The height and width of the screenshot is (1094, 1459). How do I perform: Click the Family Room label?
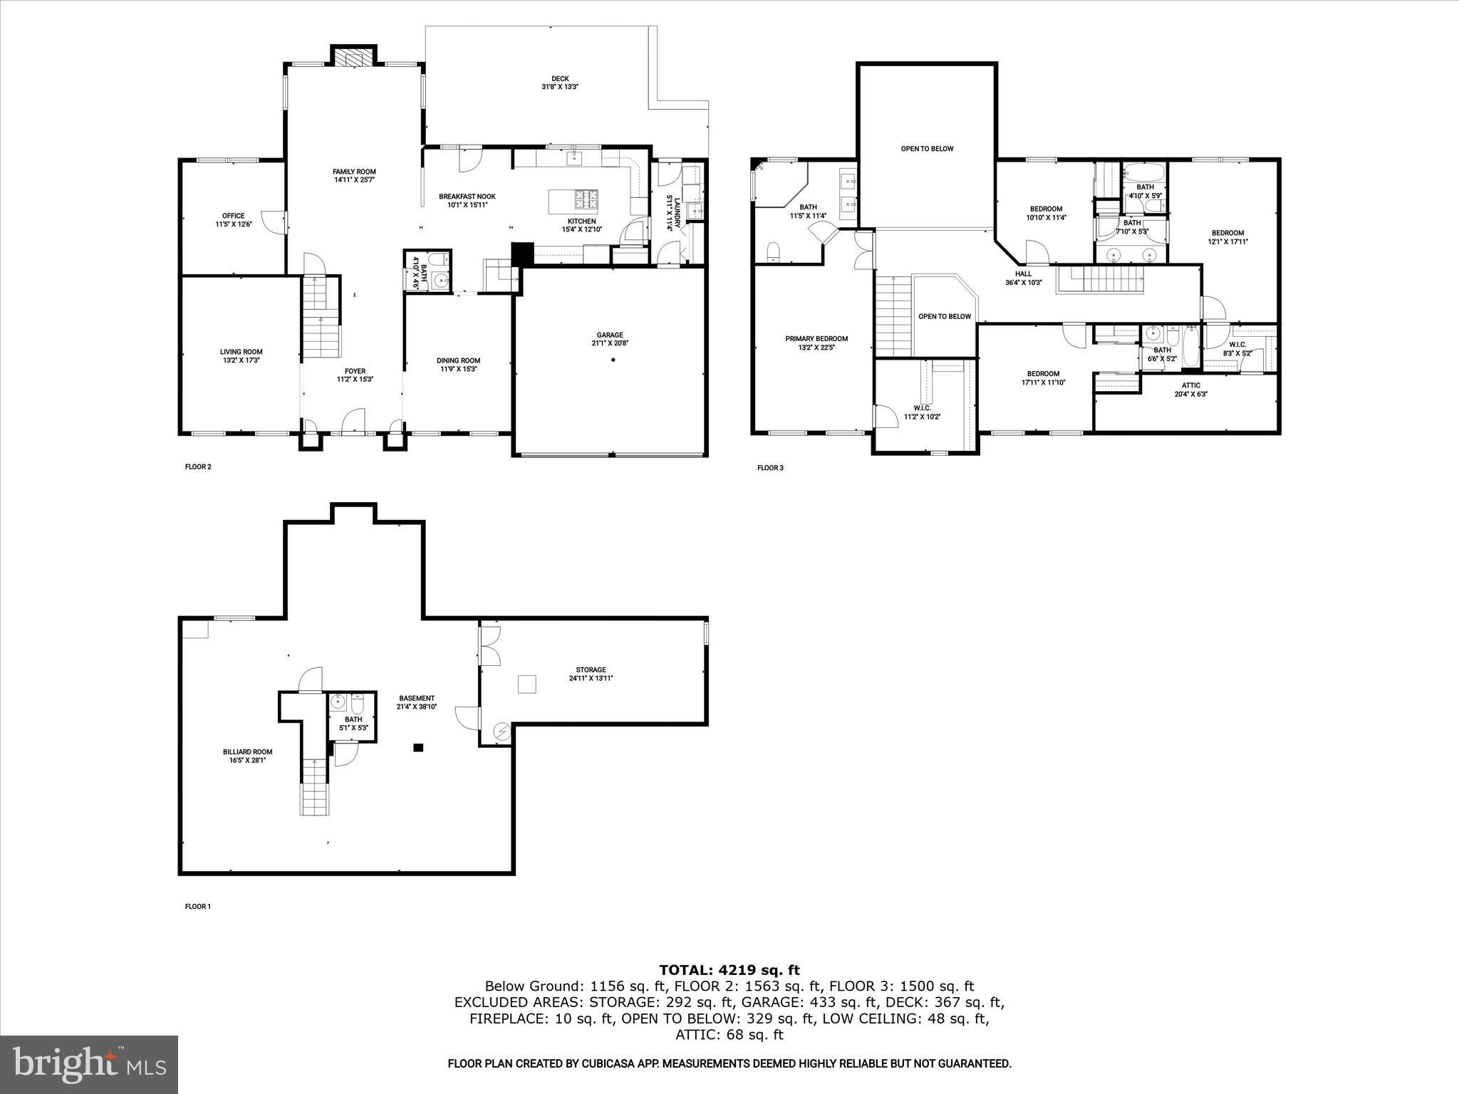coord(354,175)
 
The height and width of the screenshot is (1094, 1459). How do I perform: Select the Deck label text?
coord(560,83)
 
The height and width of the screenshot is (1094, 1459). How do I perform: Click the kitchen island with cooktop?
coord(573,200)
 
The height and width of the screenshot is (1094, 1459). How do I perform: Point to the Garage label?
coord(610,338)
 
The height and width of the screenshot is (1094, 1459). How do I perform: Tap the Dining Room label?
coord(458,364)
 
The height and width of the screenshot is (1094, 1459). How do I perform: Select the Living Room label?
coord(241,355)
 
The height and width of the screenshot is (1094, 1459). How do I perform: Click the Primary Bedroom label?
coord(816,343)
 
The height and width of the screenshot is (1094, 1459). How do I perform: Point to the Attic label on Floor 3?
coord(1190,389)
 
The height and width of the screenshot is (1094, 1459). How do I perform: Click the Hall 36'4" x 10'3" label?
coord(1023,278)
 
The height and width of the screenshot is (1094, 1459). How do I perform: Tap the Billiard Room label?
coord(247,756)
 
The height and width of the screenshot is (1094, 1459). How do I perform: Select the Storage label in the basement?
coord(591,674)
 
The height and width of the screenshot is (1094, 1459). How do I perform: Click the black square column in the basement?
coord(419,747)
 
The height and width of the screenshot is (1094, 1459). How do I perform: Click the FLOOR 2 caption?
coord(198,467)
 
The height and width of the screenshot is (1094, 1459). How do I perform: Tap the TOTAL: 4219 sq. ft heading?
coord(729,970)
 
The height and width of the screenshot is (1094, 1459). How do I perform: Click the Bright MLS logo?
coord(89,1064)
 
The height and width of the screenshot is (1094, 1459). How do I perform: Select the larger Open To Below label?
coord(927,149)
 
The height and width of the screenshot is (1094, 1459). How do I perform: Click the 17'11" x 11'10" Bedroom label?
coord(1043,377)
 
